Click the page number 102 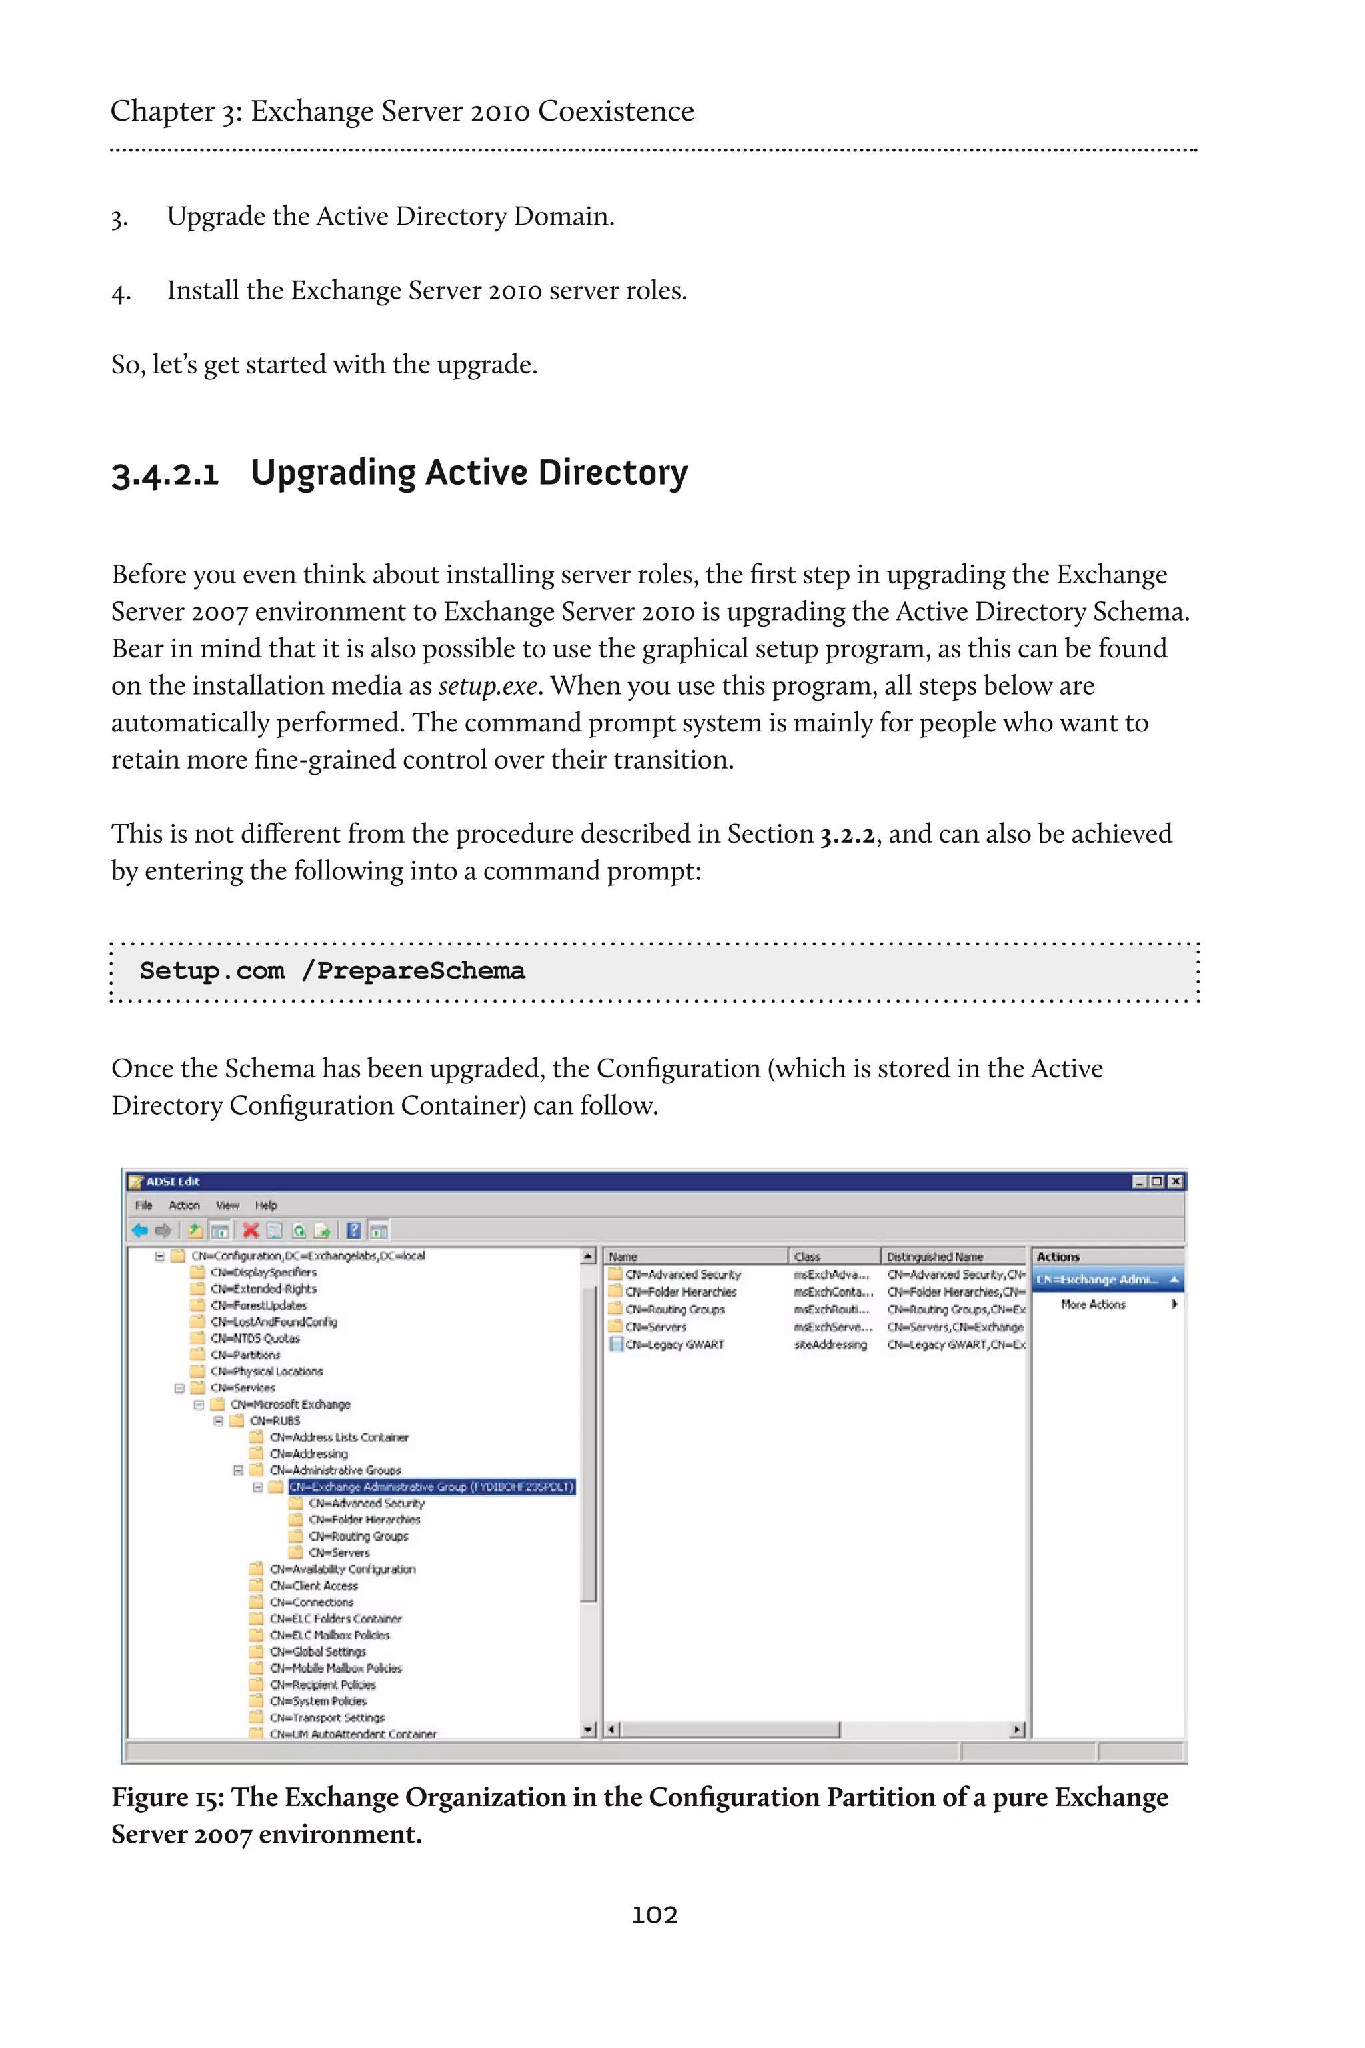[654, 1914]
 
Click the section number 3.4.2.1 [165, 475]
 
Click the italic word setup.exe [487, 686]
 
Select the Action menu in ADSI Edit [184, 1206]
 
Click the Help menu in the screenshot [265, 1206]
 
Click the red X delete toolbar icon [250, 1231]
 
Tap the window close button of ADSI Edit [1175, 1181]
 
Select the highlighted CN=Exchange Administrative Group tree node [431, 1487]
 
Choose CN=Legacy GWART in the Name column [674, 1345]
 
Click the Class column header [807, 1257]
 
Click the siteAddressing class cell [830, 1345]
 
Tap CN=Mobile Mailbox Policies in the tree [335, 1669]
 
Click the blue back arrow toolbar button [139, 1231]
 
